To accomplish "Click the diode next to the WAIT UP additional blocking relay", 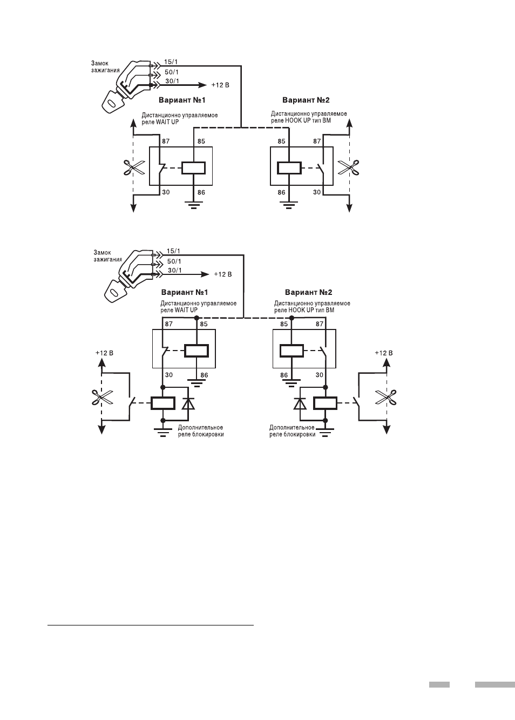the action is (x=188, y=403).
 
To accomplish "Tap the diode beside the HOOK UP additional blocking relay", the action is (x=300, y=403).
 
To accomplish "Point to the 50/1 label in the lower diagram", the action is (x=174, y=261).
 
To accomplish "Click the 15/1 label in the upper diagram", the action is (x=171, y=62).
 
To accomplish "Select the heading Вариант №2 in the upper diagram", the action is (x=306, y=100).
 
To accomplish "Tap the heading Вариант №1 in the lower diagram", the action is (x=185, y=292).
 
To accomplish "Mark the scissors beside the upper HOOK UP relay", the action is (x=349, y=167).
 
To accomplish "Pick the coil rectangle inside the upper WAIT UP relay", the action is (x=193, y=168).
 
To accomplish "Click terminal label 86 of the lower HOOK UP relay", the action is (x=284, y=375).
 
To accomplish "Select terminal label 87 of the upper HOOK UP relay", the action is (x=317, y=141).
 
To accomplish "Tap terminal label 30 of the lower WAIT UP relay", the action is (x=168, y=375).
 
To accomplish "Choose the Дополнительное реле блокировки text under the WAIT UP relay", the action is (x=201, y=430).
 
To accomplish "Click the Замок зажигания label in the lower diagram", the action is (x=107, y=256).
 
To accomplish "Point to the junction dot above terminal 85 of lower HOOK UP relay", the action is (x=292, y=318).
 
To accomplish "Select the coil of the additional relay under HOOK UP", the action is (x=325, y=403).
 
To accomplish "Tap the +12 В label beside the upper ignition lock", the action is (x=220, y=85).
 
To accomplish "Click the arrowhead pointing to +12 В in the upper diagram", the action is (x=203, y=85).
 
